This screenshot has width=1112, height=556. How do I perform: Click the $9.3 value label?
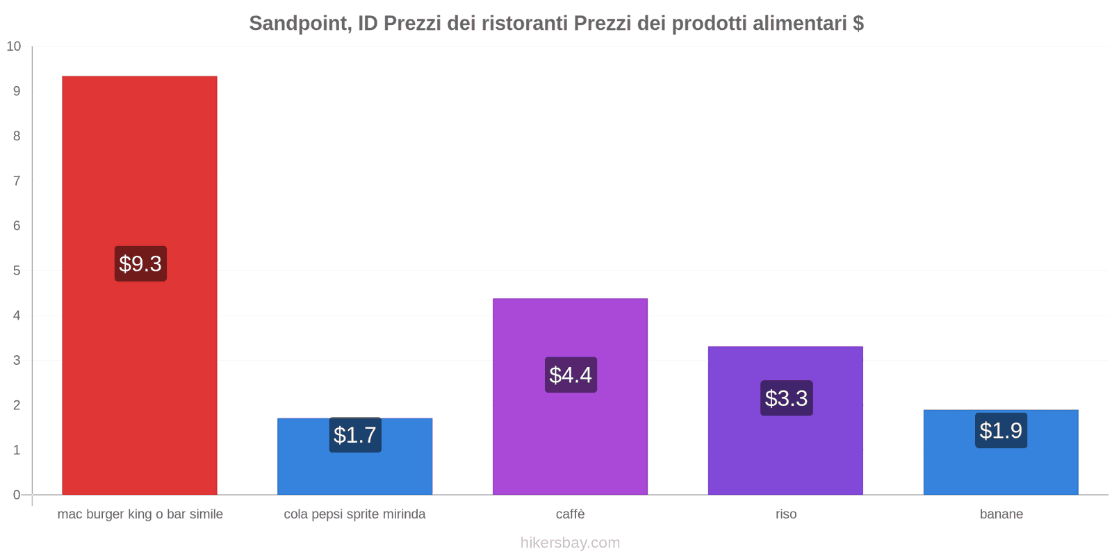click(x=140, y=263)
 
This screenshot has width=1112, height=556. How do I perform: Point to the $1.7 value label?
click(x=355, y=434)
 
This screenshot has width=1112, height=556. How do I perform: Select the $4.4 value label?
click(x=571, y=375)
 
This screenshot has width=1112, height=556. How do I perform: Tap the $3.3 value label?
click(x=786, y=398)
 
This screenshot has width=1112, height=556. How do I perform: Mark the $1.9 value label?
click(x=1001, y=430)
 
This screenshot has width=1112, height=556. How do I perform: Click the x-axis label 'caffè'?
click(x=570, y=514)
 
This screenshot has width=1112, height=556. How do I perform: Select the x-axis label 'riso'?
click(x=786, y=514)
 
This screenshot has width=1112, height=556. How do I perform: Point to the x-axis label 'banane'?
click(x=1001, y=514)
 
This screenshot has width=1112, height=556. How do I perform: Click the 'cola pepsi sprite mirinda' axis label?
click(x=354, y=514)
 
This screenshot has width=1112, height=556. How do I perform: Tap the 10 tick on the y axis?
click(x=14, y=47)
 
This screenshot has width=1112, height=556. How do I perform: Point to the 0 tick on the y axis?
click(x=17, y=495)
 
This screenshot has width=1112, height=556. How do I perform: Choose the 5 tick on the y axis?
click(x=17, y=270)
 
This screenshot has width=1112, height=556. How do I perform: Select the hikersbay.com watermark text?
click(x=570, y=543)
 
